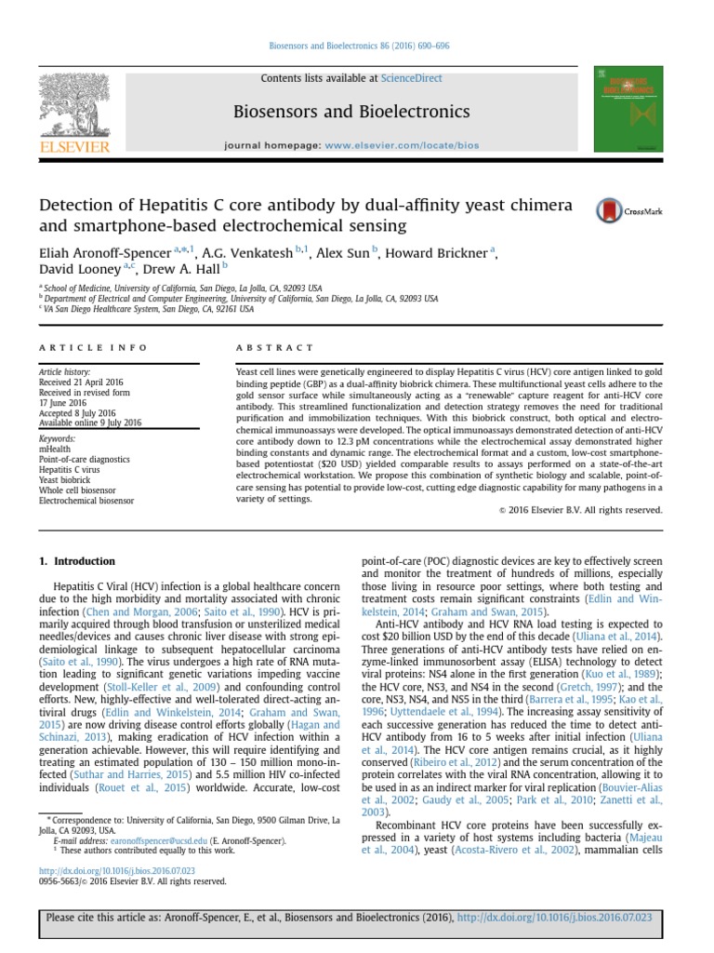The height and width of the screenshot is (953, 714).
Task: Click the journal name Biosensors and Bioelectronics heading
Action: (x=356, y=113)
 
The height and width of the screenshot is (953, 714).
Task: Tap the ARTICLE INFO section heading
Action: (x=92, y=347)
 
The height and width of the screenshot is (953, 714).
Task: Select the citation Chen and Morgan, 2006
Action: (x=138, y=613)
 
